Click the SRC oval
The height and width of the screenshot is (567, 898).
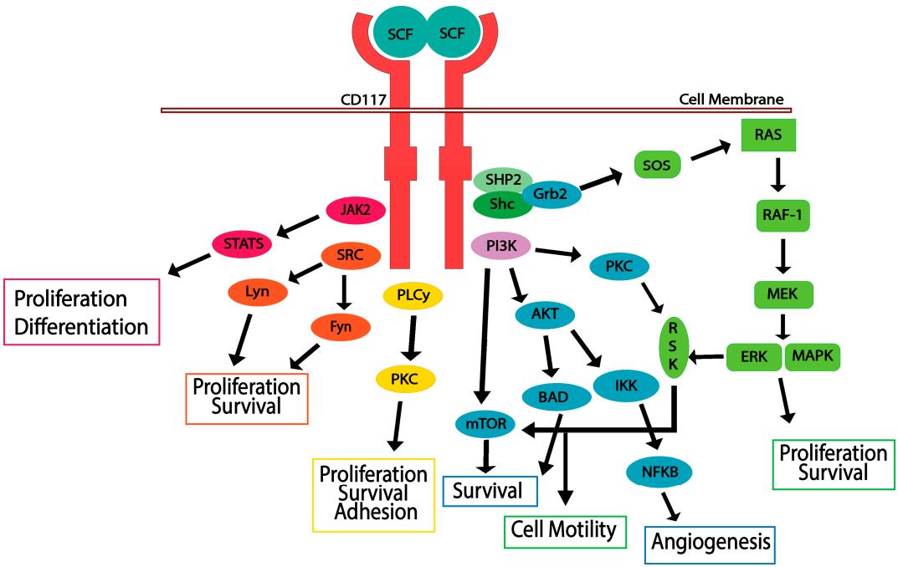[x=352, y=255]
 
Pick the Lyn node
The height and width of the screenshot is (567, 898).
[x=256, y=293]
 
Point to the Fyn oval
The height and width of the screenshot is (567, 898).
[x=339, y=326]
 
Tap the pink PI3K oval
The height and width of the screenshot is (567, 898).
[x=500, y=246]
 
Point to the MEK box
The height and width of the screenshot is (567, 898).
[x=783, y=294]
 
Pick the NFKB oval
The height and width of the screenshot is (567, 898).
[x=659, y=472]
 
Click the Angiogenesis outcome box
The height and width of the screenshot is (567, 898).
[x=711, y=542]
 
